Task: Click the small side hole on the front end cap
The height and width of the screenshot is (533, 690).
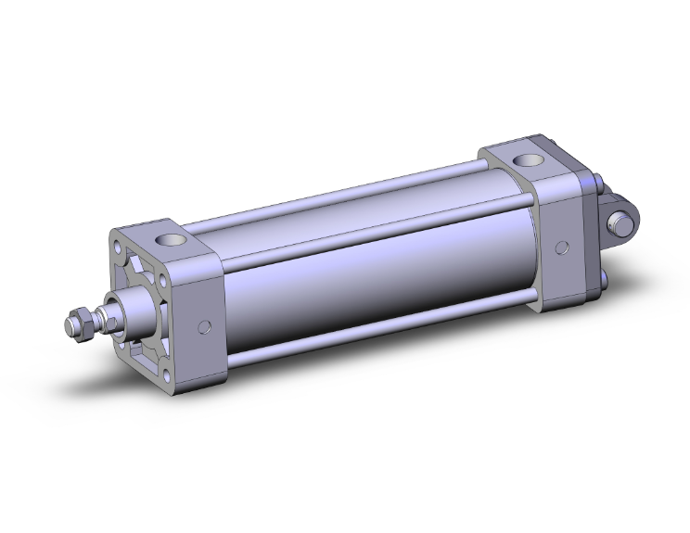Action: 206,326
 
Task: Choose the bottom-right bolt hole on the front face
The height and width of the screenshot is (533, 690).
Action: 168,374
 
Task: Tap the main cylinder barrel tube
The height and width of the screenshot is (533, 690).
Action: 371,269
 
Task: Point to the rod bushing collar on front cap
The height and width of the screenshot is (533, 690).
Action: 129,307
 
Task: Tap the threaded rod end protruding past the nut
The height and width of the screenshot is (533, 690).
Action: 68,326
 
